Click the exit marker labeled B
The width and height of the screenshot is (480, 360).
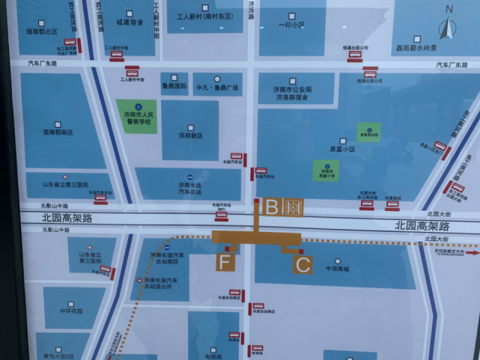pos(273,207)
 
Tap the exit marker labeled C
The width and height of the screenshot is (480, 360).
pos(302,263)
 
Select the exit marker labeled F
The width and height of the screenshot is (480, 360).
pos(225,262)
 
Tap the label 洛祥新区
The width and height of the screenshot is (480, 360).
pos(191,135)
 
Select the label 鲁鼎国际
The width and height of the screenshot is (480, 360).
pos(174,87)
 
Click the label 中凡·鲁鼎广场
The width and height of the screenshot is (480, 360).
pos(217,88)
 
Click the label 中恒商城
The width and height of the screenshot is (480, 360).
pos(338,268)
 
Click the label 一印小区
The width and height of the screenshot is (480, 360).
pos(289,25)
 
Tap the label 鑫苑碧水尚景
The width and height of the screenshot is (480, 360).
pos(416,49)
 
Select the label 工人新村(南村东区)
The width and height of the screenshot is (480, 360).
pos(204,16)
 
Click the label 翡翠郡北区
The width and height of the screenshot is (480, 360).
pos(42,31)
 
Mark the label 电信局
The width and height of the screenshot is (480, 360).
pos(213,356)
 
